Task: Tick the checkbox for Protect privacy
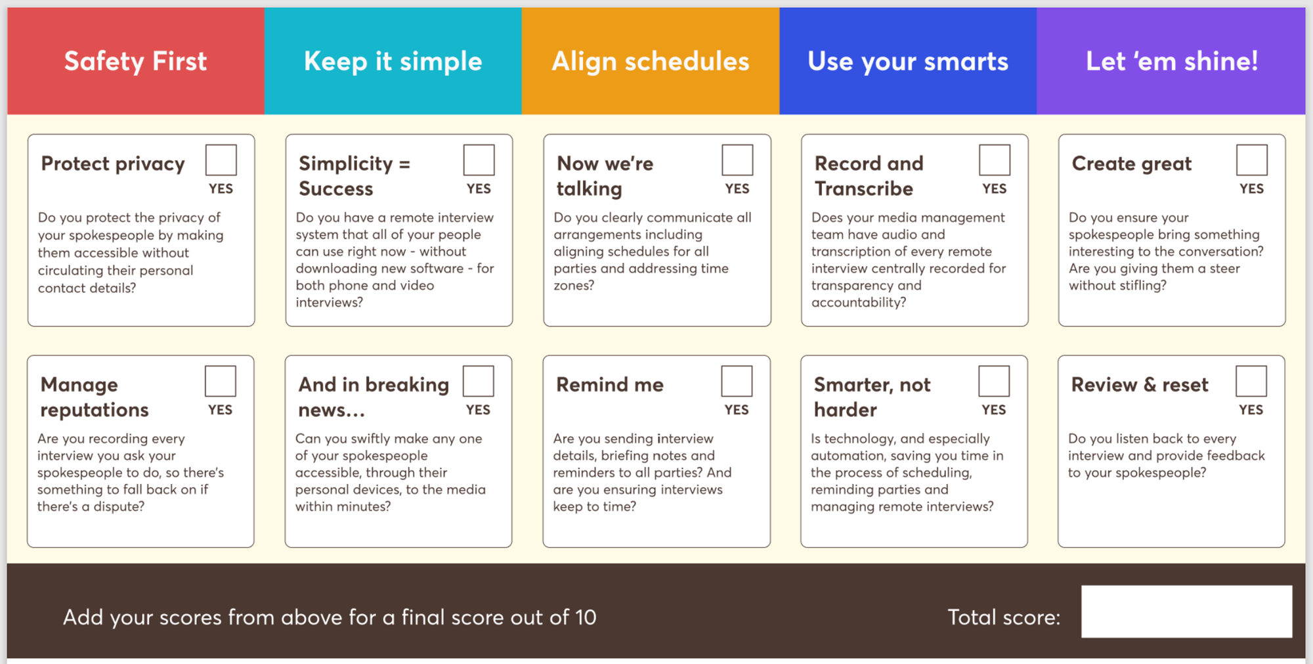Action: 221,160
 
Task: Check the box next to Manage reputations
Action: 220,382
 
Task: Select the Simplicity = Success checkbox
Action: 479,160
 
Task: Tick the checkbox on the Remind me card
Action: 737,382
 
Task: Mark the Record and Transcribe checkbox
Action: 995,160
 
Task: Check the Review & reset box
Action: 1251,382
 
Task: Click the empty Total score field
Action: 1187,611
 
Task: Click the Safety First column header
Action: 135,61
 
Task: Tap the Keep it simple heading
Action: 393,61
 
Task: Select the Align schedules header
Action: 651,61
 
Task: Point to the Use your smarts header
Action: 908,61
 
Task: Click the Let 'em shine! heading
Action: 1172,61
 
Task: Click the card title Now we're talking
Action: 605,176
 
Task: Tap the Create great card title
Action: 1132,164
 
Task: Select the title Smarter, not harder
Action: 872,397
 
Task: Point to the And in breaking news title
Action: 374,397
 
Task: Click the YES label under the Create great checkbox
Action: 1251,189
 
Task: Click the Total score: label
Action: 1004,617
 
